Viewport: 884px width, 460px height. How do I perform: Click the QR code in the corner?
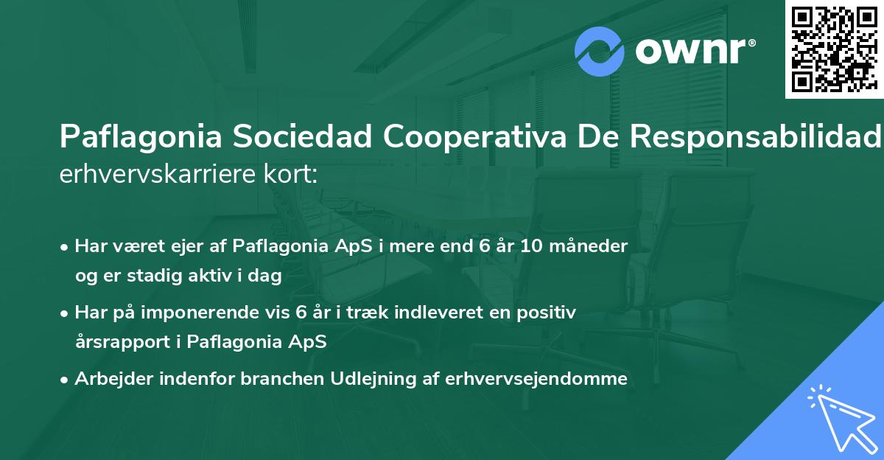tap(835, 49)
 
